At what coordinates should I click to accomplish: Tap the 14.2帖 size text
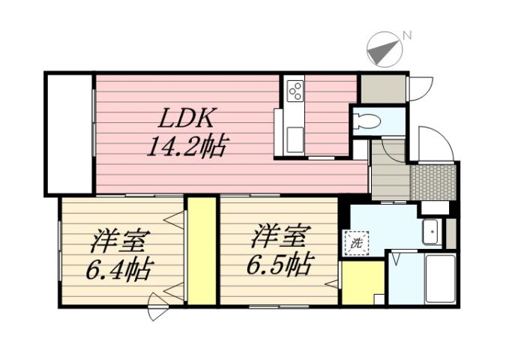click(x=187, y=144)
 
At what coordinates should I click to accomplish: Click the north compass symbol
click(x=383, y=49)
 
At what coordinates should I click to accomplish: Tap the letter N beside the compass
click(x=407, y=34)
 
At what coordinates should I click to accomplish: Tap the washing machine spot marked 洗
click(x=355, y=242)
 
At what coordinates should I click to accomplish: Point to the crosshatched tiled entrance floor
click(x=433, y=181)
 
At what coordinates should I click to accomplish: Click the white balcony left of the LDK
click(x=69, y=133)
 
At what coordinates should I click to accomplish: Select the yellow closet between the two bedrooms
click(x=202, y=250)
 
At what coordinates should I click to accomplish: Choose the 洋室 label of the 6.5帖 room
click(x=279, y=237)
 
